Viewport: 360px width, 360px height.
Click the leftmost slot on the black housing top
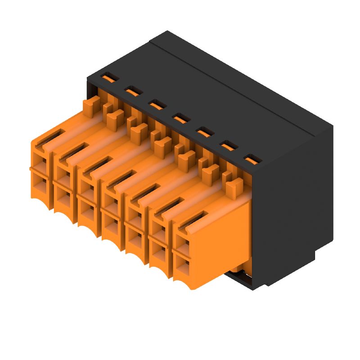coord(108,79)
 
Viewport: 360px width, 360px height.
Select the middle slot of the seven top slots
coord(180,119)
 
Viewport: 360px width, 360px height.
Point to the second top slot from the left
coord(132,92)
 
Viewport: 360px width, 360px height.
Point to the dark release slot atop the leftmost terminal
coord(49,137)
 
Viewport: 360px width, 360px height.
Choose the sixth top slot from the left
coord(229,146)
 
